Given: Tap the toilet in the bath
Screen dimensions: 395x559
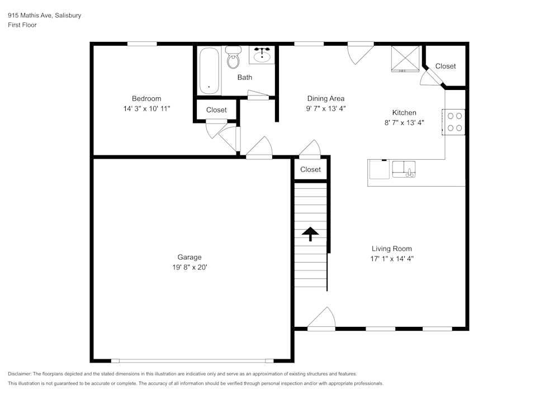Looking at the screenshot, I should click(233, 58).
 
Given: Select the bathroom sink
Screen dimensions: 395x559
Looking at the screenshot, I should click(262, 56).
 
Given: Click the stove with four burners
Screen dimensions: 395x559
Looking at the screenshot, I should click(454, 122).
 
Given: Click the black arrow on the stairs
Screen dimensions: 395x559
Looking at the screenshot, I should click(310, 233).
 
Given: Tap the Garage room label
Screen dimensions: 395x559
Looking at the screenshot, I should click(190, 257).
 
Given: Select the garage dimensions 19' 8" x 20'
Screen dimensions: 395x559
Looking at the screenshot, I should click(190, 267).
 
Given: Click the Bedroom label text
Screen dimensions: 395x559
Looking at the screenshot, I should click(146, 99).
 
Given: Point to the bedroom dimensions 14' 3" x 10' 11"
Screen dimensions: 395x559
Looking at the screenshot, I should click(146, 108).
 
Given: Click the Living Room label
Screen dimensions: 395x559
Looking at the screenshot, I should click(392, 249).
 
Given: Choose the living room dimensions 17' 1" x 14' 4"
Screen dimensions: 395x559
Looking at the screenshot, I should click(392, 259).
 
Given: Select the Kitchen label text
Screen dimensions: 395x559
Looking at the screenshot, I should click(404, 113).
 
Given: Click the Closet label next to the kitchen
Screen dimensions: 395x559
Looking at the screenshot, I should click(446, 66).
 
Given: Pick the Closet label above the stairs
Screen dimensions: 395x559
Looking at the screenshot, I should click(310, 169).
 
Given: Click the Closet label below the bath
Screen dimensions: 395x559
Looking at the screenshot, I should click(216, 110).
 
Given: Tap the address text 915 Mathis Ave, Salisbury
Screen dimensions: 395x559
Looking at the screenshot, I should click(44, 16).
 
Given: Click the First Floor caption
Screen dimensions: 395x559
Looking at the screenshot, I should click(22, 25).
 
